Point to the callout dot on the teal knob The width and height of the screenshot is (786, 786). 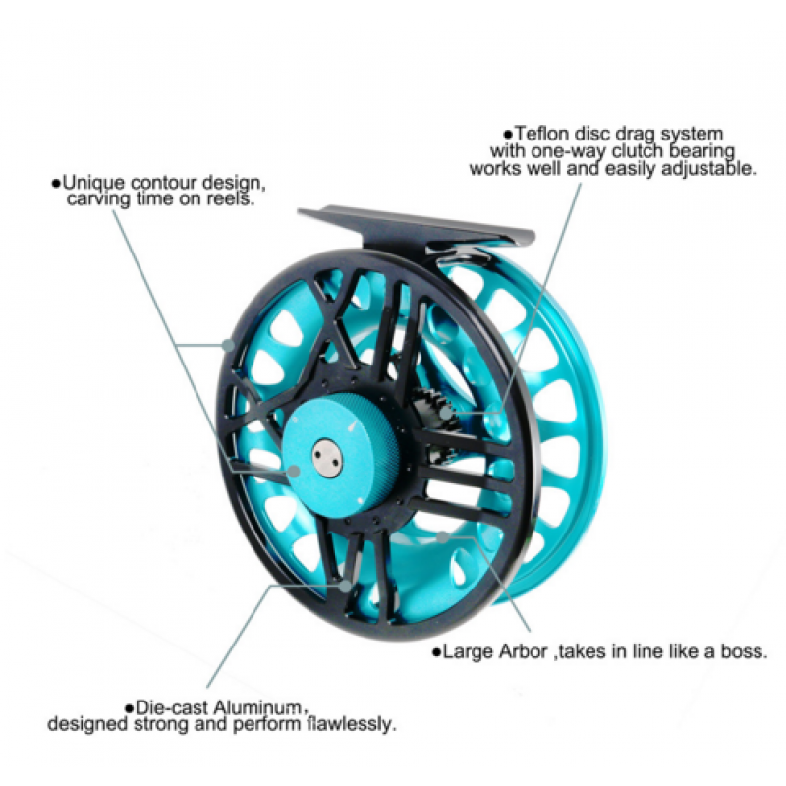pyautogui.click(x=293, y=471)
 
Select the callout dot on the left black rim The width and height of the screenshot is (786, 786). pyautogui.click(x=228, y=344)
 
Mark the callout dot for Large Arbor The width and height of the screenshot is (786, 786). pyautogui.click(x=444, y=536)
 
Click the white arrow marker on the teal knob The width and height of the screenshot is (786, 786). pyautogui.click(x=353, y=428)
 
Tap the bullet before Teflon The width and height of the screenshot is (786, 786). pyautogui.click(x=507, y=134)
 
